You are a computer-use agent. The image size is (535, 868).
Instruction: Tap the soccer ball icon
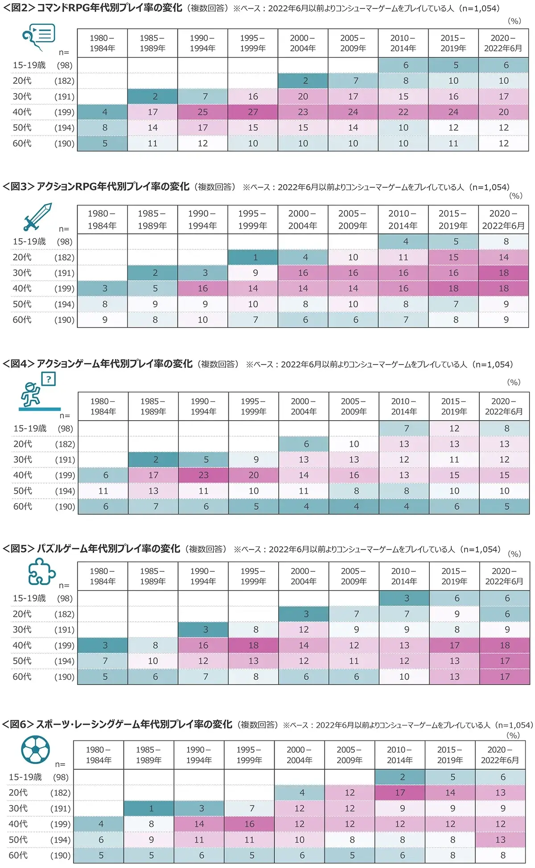click(35, 749)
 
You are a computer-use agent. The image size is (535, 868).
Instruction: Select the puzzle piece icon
click(41, 572)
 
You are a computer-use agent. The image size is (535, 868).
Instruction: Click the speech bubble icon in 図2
click(39, 37)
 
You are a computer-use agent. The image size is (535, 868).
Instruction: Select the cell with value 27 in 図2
click(253, 112)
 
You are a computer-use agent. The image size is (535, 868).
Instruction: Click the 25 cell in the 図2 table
click(202, 112)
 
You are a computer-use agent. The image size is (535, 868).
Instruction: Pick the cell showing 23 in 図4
click(203, 475)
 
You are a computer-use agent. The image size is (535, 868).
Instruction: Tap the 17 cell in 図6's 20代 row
click(400, 793)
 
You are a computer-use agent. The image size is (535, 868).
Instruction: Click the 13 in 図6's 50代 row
click(500, 839)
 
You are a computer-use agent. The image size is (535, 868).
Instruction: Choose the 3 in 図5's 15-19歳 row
click(407, 598)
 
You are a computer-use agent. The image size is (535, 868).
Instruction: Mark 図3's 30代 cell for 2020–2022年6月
click(503, 273)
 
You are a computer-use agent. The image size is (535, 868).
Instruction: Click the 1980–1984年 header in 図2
click(102, 43)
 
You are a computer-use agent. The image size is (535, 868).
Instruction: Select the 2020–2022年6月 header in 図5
click(504, 576)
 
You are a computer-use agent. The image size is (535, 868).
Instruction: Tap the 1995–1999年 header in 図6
click(249, 755)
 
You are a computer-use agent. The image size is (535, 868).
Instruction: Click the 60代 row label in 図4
click(23, 506)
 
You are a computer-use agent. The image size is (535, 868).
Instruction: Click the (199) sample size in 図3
click(64, 289)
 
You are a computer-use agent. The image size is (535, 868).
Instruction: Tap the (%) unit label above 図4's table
click(514, 382)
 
